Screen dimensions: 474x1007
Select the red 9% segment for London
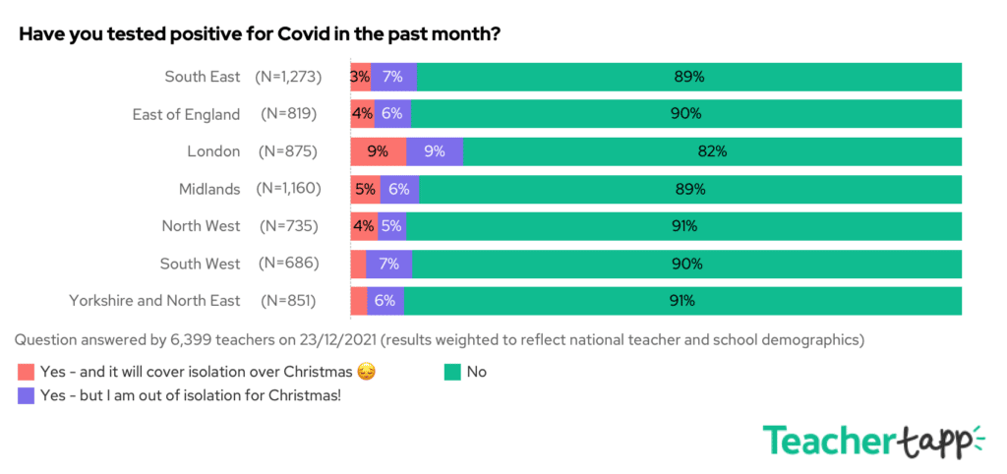click(379, 151)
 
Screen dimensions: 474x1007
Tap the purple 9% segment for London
click(435, 151)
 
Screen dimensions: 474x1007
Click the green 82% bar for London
click(712, 151)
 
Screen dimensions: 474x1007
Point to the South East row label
click(202, 77)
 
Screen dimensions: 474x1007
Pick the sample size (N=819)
click(288, 114)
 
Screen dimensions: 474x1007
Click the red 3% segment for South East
click(360, 77)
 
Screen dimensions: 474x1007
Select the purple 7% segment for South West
click(388, 264)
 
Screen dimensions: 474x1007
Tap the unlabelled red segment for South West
click(358, 264)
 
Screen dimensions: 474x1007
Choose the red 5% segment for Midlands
click(365, 189)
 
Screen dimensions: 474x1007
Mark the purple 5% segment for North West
click(391, 226)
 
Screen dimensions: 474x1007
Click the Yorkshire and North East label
click(154, 301)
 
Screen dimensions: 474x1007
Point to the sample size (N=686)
click(288, 264)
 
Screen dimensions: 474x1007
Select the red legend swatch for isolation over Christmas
click(26, 372)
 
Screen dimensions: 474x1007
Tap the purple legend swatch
click(26, 395)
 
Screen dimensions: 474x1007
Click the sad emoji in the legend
click(367, 372)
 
